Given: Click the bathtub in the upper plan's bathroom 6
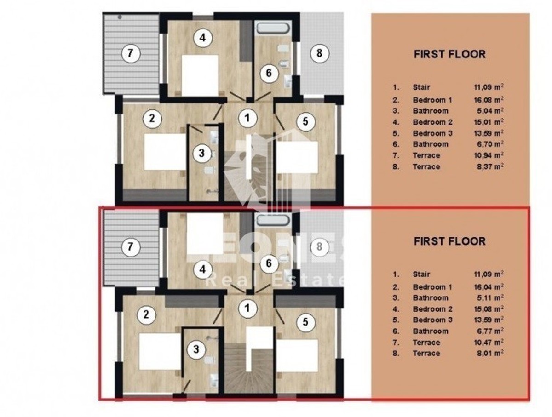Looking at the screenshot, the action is (272, 28).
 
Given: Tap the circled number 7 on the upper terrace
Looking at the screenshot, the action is (130, 53).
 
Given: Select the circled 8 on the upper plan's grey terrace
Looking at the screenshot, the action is (319, 53).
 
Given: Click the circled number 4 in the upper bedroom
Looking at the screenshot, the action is (202, 38).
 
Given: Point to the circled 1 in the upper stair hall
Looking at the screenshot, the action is (247, 118).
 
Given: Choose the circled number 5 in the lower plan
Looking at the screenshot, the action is (305, 322).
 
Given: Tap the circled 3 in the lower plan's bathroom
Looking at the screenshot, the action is (196, 349).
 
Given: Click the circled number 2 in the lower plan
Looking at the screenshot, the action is (146, 314).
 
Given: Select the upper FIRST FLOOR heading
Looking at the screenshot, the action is (449, 54).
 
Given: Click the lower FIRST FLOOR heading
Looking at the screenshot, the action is (449, 241).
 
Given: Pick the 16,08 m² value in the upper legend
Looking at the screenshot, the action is (489, 100).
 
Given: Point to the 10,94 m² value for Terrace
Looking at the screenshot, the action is (489, 155).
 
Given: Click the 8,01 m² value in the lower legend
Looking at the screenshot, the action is (490, 353).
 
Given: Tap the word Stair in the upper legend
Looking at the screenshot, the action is (421, 87).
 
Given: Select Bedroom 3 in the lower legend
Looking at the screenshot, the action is (432, 320).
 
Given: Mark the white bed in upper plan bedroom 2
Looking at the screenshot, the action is (165, 152).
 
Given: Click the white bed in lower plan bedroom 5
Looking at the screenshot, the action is (297, 355).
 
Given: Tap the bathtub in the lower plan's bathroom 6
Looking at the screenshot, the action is (272, 220).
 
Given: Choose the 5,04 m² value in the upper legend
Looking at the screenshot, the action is (490, 111).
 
